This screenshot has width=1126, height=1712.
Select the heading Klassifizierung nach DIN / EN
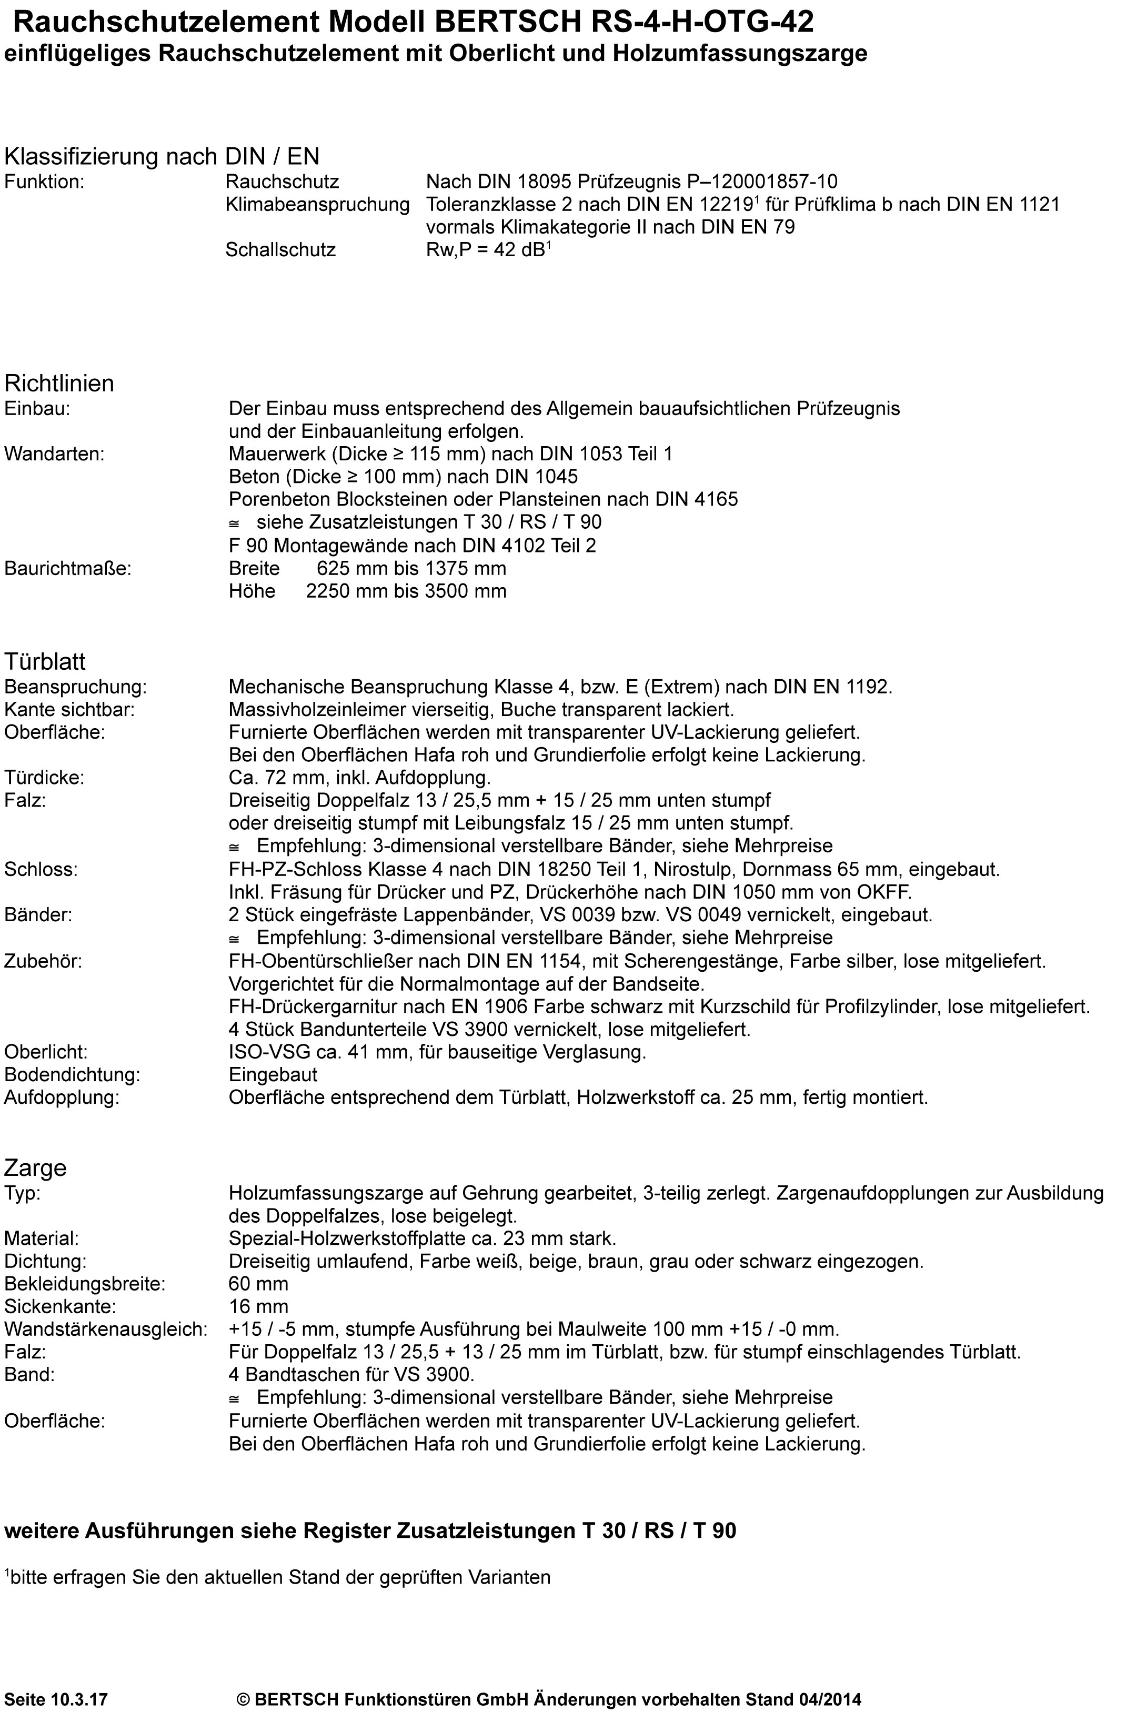pyautogui.click(x=162, y=156)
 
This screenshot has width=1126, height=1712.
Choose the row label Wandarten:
pyautogui.click(x=54, y=454)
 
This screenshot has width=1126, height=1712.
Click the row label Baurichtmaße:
pyautogui.click(x=68, y=568)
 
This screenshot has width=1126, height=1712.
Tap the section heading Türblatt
pyautogui.click(x=45, y=660)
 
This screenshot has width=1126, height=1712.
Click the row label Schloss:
pyautogui.click(x=41, y=869)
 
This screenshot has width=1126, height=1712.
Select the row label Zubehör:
pyautogui.click(x=43, y=961)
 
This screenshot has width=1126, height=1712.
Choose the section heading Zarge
pyautogui.click(x=35, y=1167)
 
